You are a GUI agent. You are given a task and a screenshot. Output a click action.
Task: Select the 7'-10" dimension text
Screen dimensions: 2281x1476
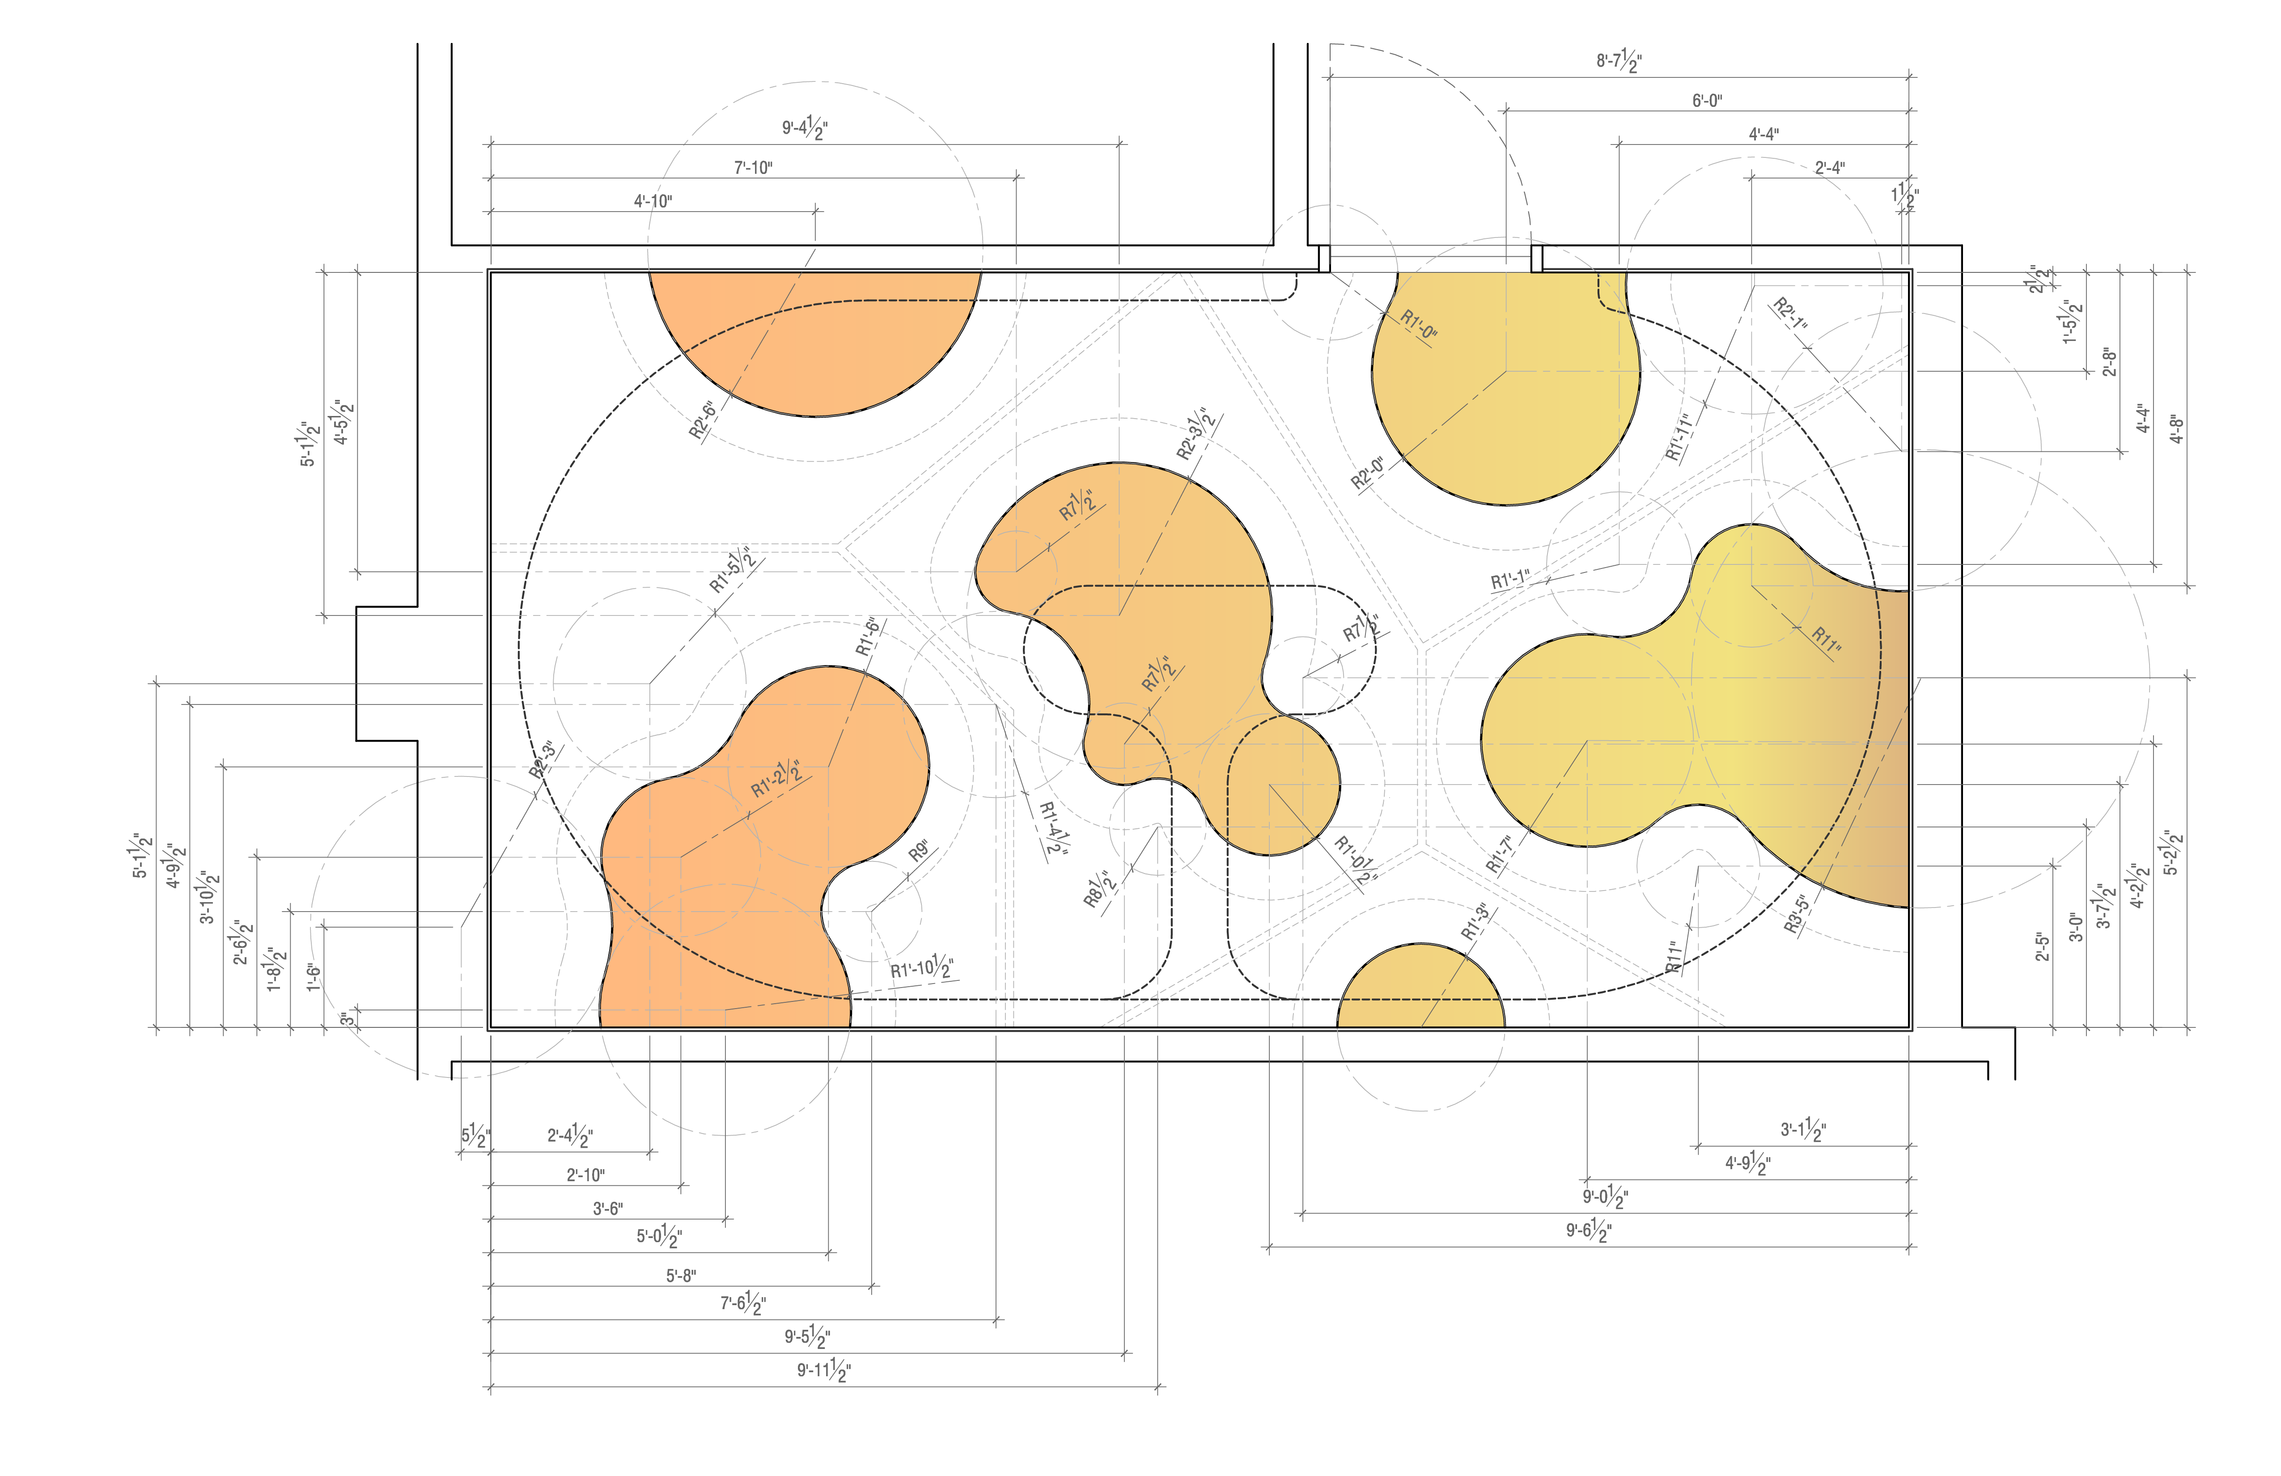(753, 168)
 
